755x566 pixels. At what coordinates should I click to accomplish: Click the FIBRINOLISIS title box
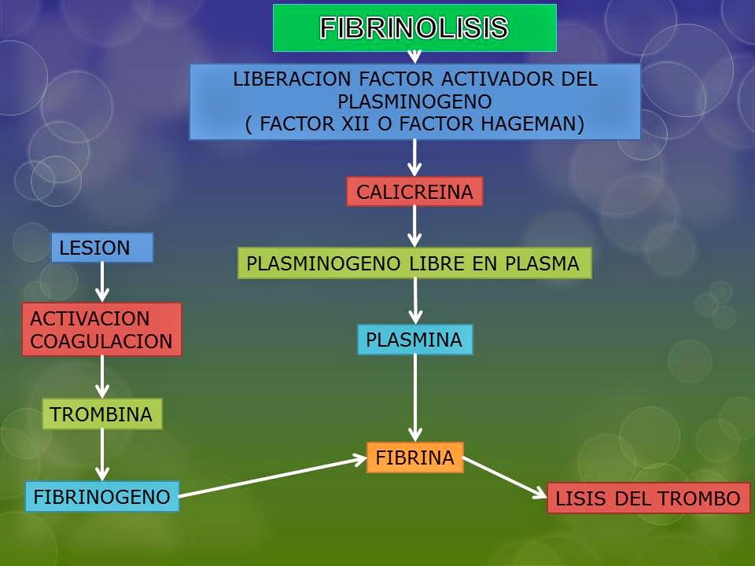pyautogui.click(x=414, y=28)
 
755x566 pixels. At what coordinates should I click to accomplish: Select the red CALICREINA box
pyautogui.click(x=414, y=192)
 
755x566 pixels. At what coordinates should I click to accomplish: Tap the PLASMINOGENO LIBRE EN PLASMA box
pyautogui.click(x=414, y=264)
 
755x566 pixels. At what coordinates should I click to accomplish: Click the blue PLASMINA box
pyautogui.click(x=414, y=340)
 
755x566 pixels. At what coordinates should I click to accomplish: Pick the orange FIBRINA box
pyautogui.click(x=414, y=458)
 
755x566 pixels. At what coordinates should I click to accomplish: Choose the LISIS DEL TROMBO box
pyautogui.click(x=647, y=498)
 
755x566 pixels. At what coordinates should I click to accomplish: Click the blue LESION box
pyautogui.click(x=101, y=248)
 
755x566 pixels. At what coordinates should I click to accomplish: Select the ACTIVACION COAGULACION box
pyautogui.click(x=101, y=329)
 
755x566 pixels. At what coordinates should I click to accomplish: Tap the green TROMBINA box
pyautogui.click(x=101, y=414)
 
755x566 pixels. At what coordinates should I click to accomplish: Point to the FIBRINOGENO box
pyautogui.click(x=101, y=497)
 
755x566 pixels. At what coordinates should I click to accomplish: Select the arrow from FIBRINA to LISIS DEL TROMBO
pyautogui.click(x=505, y=478)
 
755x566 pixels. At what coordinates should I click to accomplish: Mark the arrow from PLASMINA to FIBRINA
pyautogui.click(x=415, y=397)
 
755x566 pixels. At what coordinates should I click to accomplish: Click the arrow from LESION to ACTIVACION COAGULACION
pyautogui.click(x=101, y=281)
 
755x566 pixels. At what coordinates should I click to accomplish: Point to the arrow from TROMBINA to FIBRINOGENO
pyautogui.click(x=101, y=454)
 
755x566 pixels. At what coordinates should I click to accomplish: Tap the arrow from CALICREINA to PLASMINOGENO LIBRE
pyautogui.click(x=414, y=226)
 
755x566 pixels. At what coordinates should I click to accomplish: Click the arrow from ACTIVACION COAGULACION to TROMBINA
pyautogui.click(x=101, y=377)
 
